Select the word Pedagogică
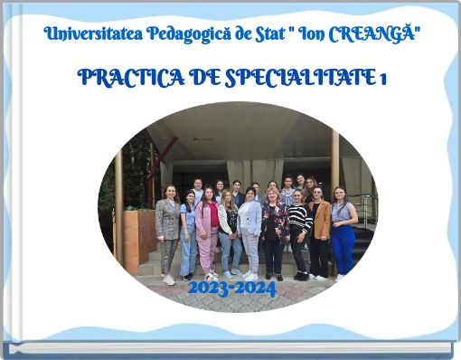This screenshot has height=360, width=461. (181, 35)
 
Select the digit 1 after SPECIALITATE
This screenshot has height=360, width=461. (383, 79)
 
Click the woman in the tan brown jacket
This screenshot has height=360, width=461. (320, 231)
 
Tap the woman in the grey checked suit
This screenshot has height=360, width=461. (168, 231)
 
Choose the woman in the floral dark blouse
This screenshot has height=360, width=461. (274, 231)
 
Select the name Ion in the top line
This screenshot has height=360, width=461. (313, 35)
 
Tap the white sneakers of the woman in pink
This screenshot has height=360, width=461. (211, 275)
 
